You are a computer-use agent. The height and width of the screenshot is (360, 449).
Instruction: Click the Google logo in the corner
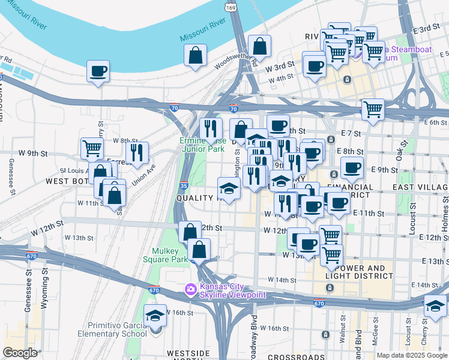tap(20, 353)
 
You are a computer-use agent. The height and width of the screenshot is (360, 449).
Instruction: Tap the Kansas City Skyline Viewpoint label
tap(232, 290)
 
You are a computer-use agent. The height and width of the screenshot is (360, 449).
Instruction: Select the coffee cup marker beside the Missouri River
tap(98, 71)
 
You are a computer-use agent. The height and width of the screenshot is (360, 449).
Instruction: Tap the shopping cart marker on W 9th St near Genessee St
tap(92, 148)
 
